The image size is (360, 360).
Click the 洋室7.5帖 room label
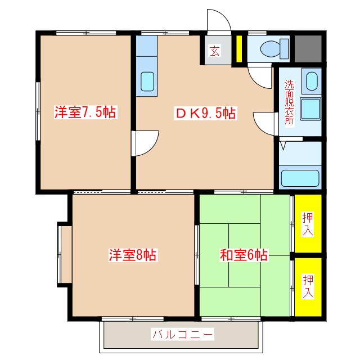(85, 112)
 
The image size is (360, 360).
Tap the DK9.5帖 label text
(205, 113)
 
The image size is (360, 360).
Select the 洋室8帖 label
(133, 255)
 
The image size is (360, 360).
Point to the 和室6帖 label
(243, 255)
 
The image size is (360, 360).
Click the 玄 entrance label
(214, 52)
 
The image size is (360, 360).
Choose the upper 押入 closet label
(308, 224)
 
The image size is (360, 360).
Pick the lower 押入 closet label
(308, 286)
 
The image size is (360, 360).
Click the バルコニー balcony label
(182, 335)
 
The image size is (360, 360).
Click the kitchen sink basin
(147, 81)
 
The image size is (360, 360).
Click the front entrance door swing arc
(219, 21)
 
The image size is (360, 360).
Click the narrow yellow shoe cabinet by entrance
(238, 49)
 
